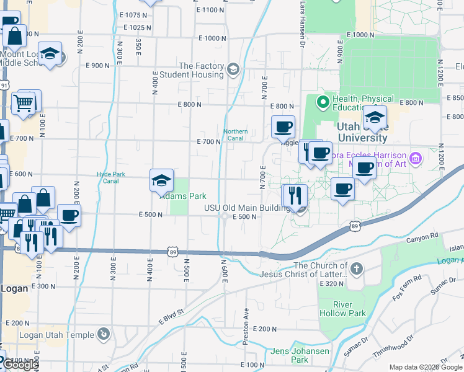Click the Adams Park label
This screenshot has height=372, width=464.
tap(184, 196)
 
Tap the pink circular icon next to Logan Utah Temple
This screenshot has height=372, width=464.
tap(104, 335)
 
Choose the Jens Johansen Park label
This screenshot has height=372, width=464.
tap(290, 355)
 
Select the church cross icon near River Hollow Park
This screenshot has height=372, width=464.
tap(356, 268)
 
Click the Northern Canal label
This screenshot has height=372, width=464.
tap(236, 135)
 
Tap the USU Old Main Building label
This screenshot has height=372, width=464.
tap(248, 208)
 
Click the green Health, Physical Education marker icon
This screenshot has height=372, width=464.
tap(323, 101)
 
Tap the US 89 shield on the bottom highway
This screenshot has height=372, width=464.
tap(172, 252)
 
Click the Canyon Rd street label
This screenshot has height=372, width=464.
tap(422, 237)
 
